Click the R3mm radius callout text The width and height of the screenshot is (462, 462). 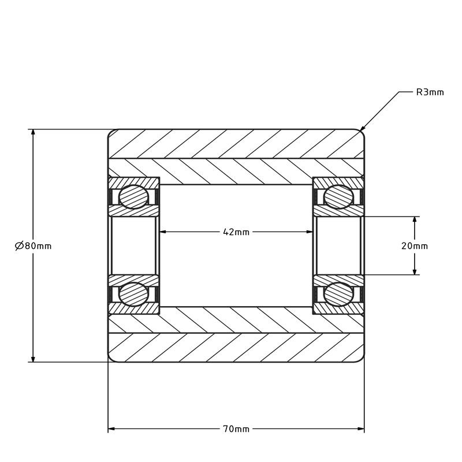tap(430, 92)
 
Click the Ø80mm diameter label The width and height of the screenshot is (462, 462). tap(33, 246)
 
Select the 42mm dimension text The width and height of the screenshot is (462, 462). tap(236, 232)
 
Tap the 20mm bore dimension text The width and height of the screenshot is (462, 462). tap(414, 246)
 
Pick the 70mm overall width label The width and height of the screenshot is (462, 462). tap(236, 429)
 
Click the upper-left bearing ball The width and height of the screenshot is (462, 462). tap(133, 197)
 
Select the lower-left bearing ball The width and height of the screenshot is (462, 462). tap(133, 294)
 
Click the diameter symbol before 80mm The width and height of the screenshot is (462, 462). tap(18, 246)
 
